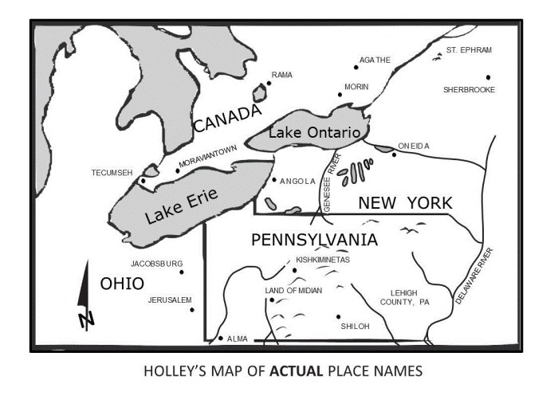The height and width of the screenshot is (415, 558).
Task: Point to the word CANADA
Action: (226, 119)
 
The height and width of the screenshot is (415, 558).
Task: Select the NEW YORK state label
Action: (405, 202)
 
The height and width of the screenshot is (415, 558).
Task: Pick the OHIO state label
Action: (121, 284)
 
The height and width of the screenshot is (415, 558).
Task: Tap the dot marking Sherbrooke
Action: (488, 77)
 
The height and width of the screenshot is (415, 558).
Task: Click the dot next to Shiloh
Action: (338, 316)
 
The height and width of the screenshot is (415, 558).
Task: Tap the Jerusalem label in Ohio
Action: (170, 300)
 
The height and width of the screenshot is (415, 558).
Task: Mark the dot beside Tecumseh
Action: (143, 181)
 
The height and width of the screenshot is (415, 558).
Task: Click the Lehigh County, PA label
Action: (404, 297)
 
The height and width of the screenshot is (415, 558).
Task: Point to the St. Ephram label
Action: (469, 50)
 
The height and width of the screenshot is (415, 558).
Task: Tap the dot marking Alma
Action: (221, 339)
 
